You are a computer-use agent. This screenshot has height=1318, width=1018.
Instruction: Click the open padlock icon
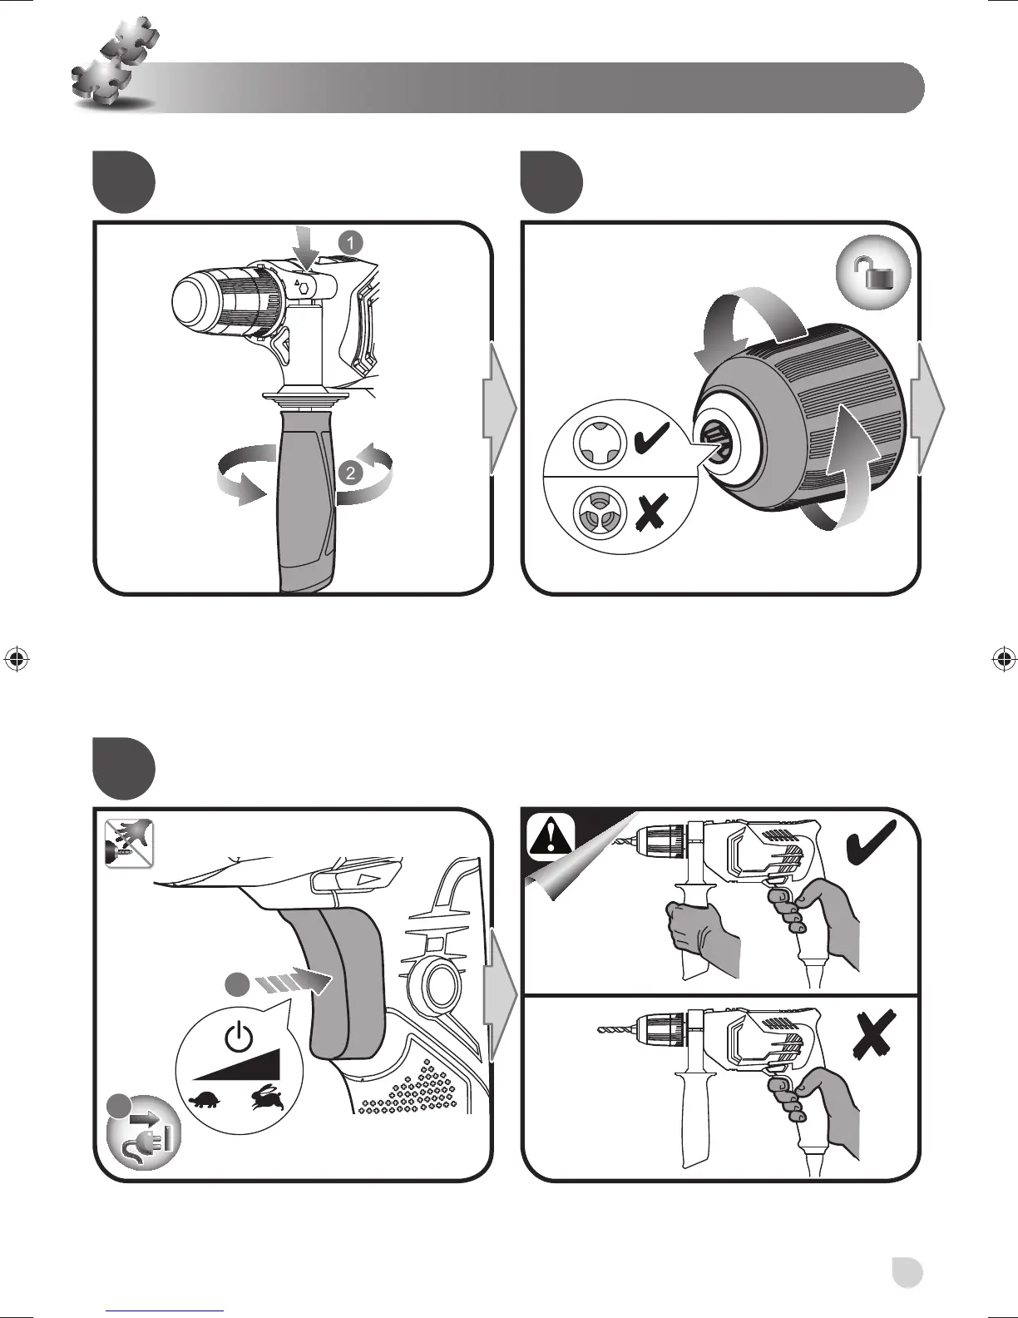(x=872, y=274)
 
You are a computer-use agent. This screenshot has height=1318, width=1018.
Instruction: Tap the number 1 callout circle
(x=350, y=242)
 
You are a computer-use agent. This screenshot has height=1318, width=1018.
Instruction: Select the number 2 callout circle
(x=350, y=473)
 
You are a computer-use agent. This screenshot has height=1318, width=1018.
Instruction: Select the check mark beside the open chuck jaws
(x=655, y=439)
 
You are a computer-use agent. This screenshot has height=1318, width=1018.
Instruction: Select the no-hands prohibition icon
(x=129, y=842)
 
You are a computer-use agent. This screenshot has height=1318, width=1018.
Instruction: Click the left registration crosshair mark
(x=17, y=658)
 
